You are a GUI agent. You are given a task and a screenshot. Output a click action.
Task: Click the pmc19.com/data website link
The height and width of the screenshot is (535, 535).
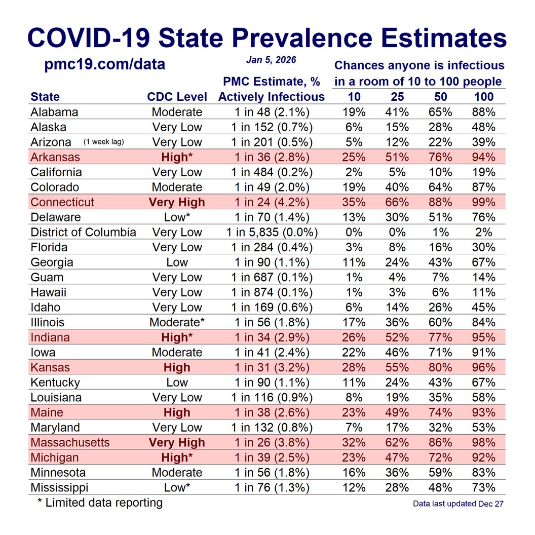(105, 65)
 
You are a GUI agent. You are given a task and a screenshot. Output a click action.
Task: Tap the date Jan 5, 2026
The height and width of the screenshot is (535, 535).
(271, 60)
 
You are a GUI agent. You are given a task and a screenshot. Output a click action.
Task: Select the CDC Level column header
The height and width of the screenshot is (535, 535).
(177, 97)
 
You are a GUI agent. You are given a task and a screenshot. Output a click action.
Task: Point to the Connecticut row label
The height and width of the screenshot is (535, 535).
(62, 202)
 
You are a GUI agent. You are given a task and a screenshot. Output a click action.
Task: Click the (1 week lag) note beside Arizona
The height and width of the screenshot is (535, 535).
(103, 142)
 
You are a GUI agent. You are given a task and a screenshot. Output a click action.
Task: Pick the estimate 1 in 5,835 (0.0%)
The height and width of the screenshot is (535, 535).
(272, 233)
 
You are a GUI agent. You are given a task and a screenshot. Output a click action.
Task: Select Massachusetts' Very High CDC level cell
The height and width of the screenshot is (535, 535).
(177, 442)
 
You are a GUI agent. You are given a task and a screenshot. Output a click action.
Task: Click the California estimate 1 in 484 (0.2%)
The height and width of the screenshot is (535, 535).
(272, 172)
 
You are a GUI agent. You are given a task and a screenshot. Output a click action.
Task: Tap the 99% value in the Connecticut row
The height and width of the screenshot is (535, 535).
(483, 202)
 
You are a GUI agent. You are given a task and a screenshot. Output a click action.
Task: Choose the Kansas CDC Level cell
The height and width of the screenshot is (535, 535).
(177, 367)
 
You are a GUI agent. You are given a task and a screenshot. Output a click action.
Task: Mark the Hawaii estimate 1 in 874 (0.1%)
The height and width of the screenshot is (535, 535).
(272, 292)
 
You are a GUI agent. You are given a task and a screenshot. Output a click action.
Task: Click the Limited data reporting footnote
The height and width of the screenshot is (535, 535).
(100, 503)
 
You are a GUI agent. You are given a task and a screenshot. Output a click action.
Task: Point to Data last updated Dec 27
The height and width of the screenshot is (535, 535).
(458, 504)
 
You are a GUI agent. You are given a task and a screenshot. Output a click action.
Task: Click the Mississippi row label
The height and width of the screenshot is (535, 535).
(59, 487)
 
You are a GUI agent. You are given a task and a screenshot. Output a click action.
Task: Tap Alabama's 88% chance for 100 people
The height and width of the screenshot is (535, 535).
(483, 112)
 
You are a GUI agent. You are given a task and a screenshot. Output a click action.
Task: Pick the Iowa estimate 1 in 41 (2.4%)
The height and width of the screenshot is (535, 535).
(272, 352)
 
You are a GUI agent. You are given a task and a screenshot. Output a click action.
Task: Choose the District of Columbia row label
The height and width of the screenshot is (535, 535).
(83, 233)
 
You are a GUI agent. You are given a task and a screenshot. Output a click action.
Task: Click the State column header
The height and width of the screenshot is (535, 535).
(45, 97)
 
